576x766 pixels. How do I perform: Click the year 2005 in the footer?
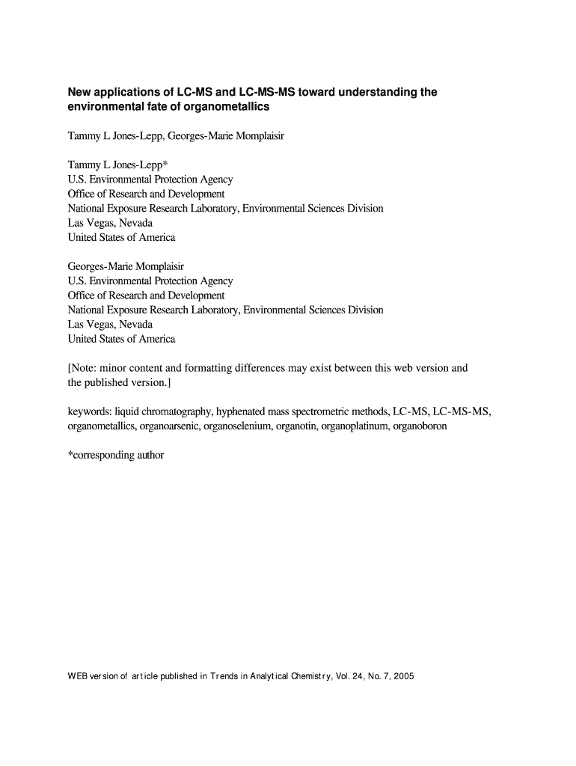click(402, 677)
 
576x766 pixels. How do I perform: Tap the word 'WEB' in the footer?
click(79, 677)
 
